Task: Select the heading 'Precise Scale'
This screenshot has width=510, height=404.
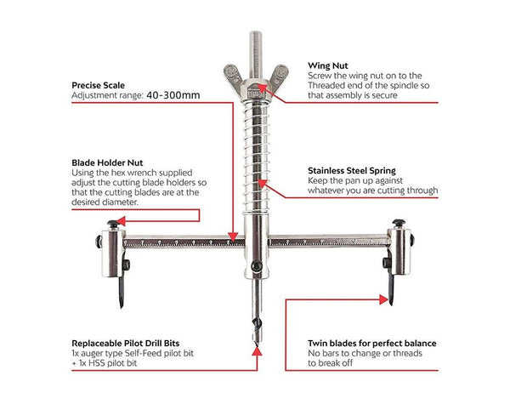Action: pos(99,84)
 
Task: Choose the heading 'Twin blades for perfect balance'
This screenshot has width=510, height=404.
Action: pos(371,343)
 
